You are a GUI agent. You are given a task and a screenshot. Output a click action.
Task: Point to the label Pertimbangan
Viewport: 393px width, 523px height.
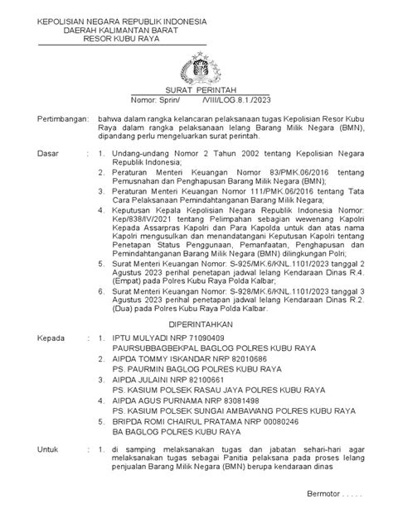click(51, 120)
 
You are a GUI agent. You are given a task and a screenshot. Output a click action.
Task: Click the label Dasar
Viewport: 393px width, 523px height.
click(38, 154)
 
